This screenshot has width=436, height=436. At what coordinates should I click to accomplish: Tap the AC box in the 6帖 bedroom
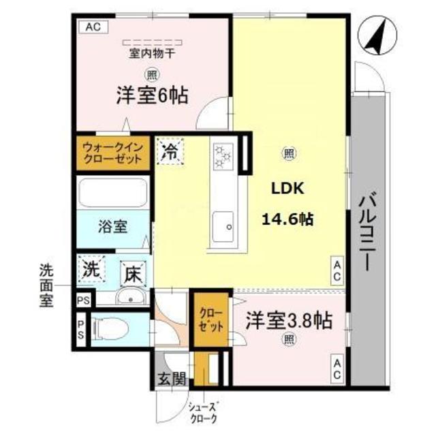93,27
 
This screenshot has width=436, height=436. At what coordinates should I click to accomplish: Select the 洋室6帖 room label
152,95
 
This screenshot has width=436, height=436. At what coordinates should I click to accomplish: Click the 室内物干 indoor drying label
151,53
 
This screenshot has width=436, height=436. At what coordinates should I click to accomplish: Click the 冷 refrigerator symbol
170,152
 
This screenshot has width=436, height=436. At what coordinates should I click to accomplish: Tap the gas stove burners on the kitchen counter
223,157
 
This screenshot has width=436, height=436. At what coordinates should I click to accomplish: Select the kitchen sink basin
223,226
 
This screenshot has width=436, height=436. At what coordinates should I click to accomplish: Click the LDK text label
287,189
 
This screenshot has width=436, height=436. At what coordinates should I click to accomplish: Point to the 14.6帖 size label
287,219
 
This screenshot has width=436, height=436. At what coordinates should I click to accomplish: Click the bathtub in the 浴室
113,192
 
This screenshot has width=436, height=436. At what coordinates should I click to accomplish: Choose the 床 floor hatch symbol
134,274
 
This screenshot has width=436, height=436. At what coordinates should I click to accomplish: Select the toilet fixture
110,329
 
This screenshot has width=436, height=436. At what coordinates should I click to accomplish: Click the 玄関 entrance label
172,379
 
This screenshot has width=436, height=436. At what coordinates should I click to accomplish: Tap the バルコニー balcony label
368,233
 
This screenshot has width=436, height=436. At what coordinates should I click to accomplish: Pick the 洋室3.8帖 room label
289,320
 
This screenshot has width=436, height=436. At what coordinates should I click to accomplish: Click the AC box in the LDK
337,270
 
